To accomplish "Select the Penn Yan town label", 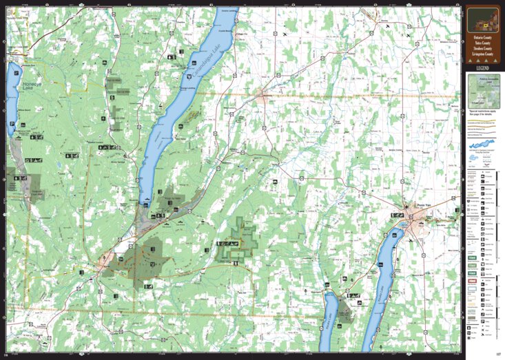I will point(424,205).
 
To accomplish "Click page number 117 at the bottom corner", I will point(496,354).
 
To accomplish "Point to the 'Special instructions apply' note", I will point(482,111).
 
